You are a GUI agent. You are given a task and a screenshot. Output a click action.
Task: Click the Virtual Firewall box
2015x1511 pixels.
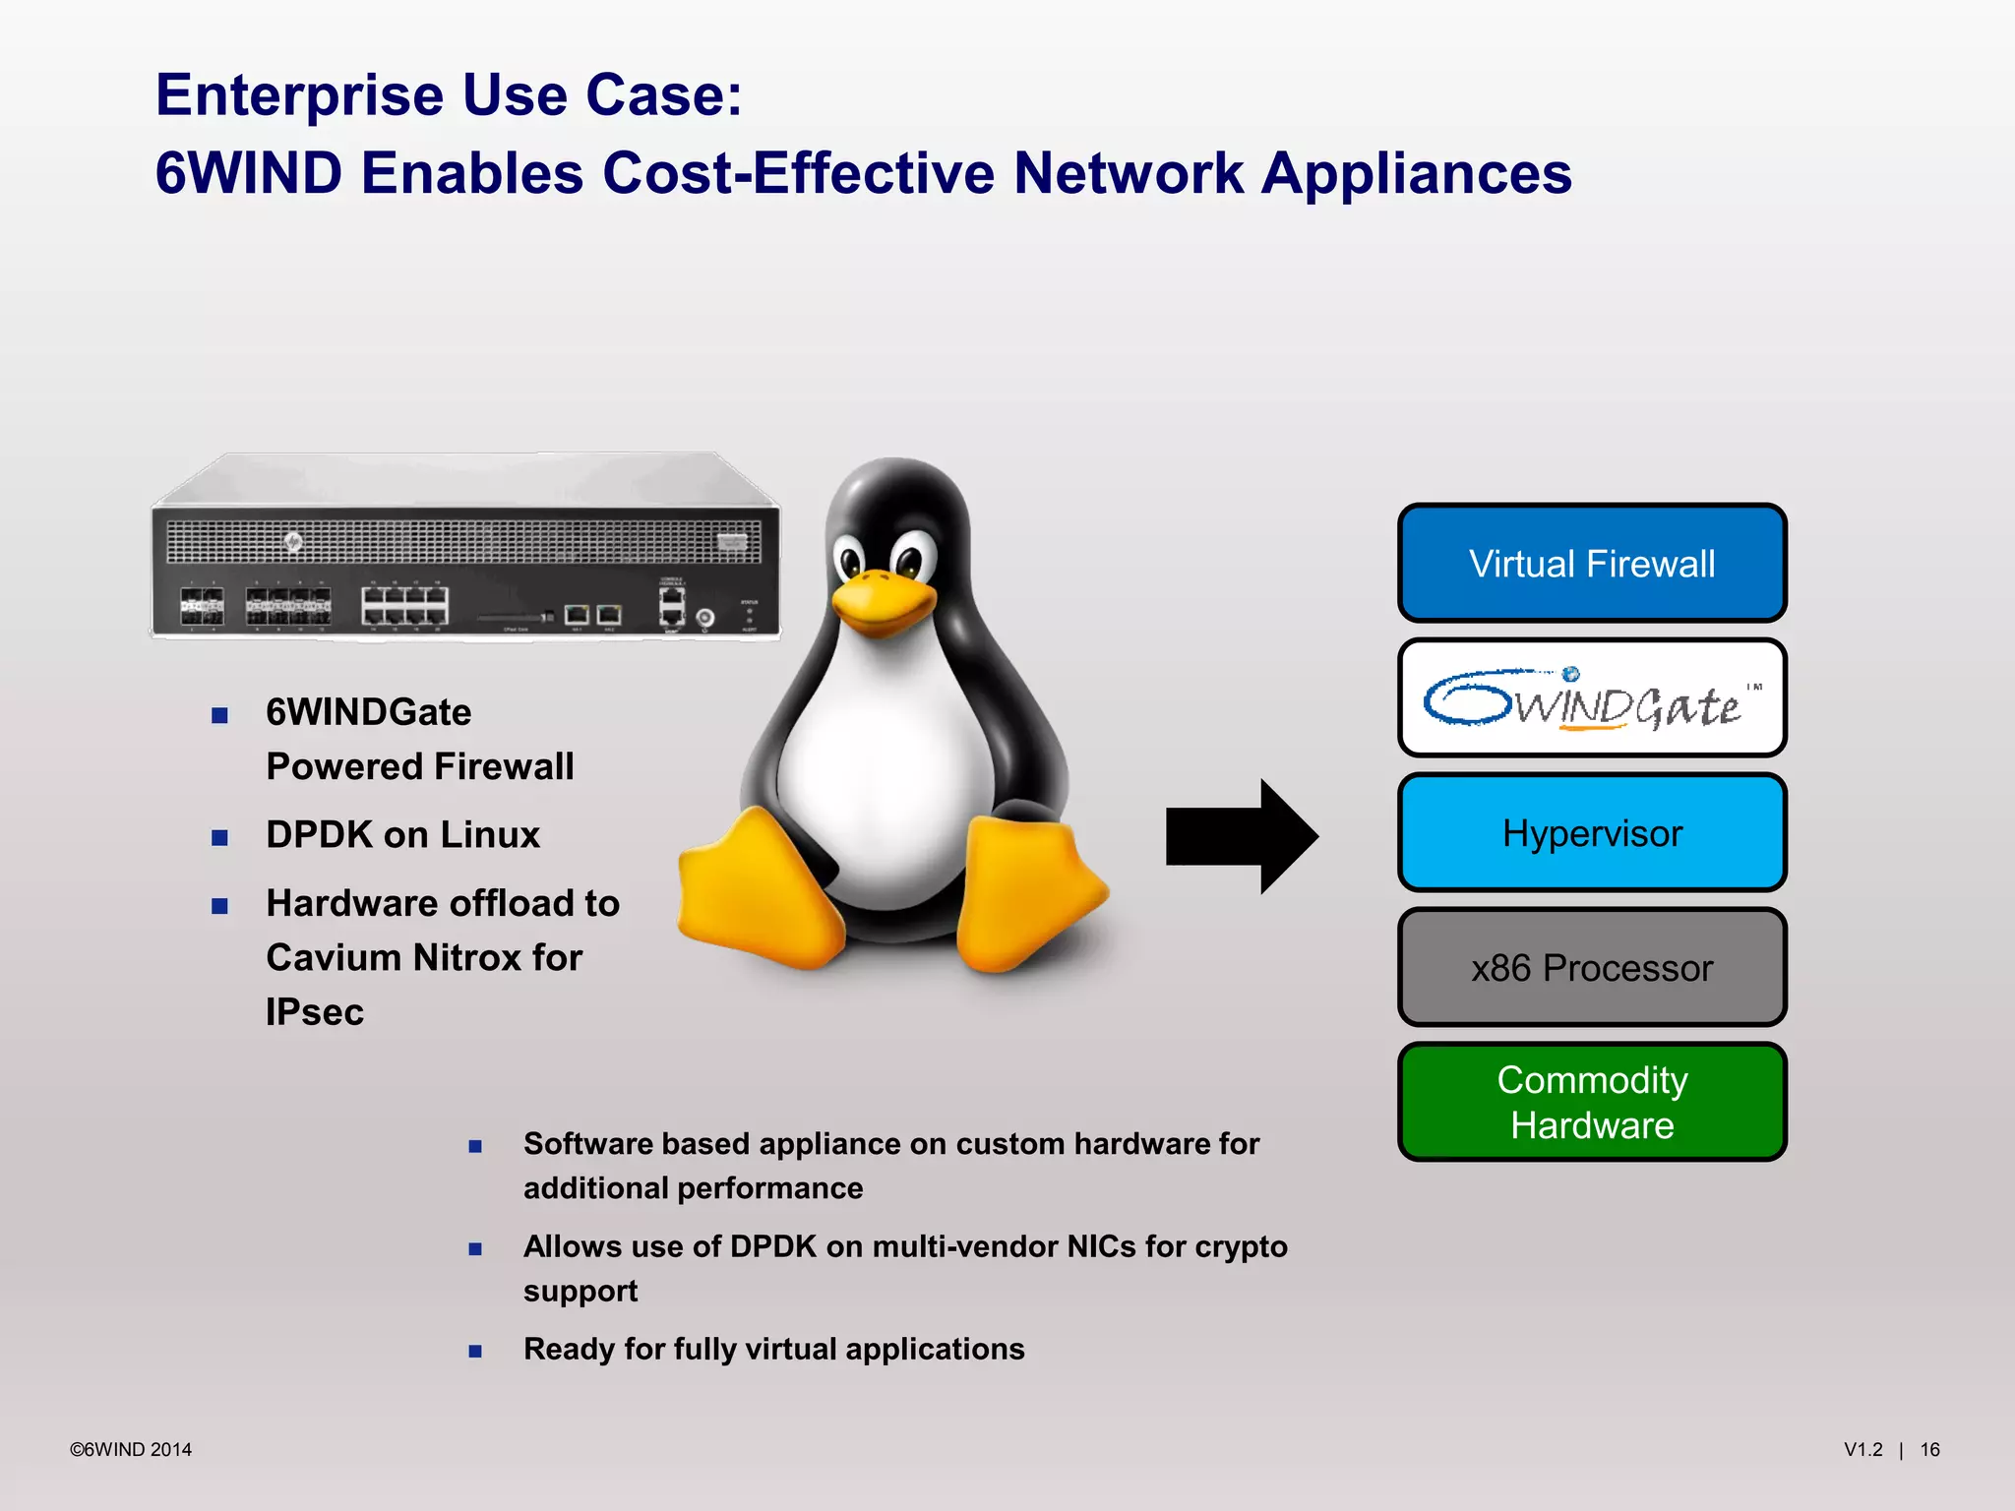pos(1591,564)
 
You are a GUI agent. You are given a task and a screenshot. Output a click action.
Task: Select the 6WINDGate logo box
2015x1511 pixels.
pos(1591,698)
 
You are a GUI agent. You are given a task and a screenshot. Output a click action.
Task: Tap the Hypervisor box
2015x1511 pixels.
pos(1591,833)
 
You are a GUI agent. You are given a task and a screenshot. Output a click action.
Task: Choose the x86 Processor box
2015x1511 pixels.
pos(1591,968)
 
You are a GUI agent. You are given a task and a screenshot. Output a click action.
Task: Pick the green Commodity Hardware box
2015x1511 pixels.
pos(1591,1103)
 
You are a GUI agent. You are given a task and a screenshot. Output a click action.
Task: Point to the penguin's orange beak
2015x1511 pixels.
pos(883,600)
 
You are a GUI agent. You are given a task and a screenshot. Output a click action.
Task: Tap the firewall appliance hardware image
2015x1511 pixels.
pos(464,551)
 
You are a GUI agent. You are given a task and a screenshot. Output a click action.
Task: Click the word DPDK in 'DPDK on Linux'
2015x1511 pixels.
pos(319,835)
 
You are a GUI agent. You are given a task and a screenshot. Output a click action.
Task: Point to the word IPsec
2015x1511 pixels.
pos(315,1012)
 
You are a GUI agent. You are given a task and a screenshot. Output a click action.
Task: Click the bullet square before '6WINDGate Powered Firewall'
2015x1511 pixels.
pos(219,715)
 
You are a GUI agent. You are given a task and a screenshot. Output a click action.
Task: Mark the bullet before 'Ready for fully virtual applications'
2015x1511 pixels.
pos(475,1352)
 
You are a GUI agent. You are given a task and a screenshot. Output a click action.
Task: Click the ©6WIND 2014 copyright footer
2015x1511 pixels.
pos(131,1449)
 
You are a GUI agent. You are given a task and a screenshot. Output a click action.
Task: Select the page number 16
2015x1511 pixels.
pos(1929,1449)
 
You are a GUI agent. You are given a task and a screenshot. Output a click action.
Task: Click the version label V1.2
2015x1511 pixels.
pos(1862,1449)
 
